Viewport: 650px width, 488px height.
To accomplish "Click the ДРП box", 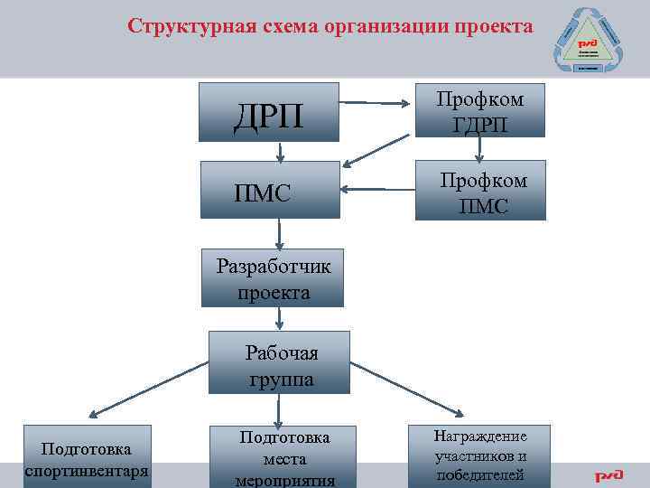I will pos(269,112).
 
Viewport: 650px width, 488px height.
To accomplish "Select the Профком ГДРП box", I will pos(479,109).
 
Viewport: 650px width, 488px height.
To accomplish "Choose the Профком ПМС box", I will pos(479,191).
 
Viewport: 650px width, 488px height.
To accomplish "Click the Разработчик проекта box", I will pos(273,279).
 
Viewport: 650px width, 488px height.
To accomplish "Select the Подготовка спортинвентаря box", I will pos(86,460).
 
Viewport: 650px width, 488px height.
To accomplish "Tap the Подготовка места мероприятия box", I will pos(284,457).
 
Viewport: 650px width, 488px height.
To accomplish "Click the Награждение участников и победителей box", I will pos(479,455).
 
